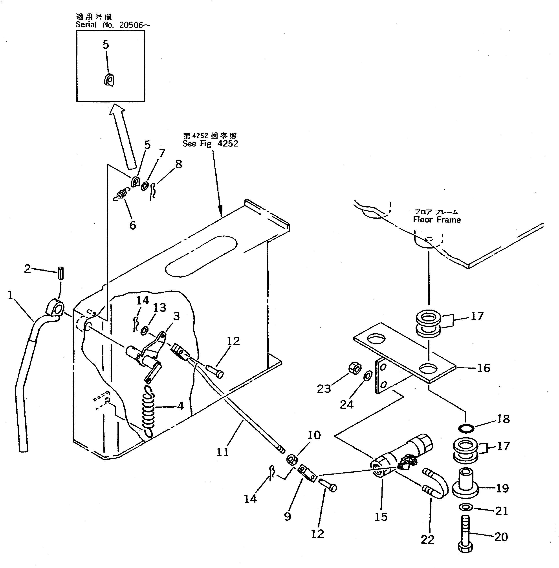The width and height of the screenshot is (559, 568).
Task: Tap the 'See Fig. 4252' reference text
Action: (210, 144)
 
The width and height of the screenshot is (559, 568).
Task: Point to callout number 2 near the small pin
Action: (27, 268)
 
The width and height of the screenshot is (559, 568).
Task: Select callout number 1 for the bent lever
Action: (11, 295)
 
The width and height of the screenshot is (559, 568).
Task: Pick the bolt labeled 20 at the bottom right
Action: (466, 535)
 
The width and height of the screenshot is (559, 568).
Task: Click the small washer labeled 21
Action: (466, 507)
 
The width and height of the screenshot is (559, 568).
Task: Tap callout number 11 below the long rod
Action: (222, 452)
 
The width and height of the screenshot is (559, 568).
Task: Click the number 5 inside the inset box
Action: (106, 45)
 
